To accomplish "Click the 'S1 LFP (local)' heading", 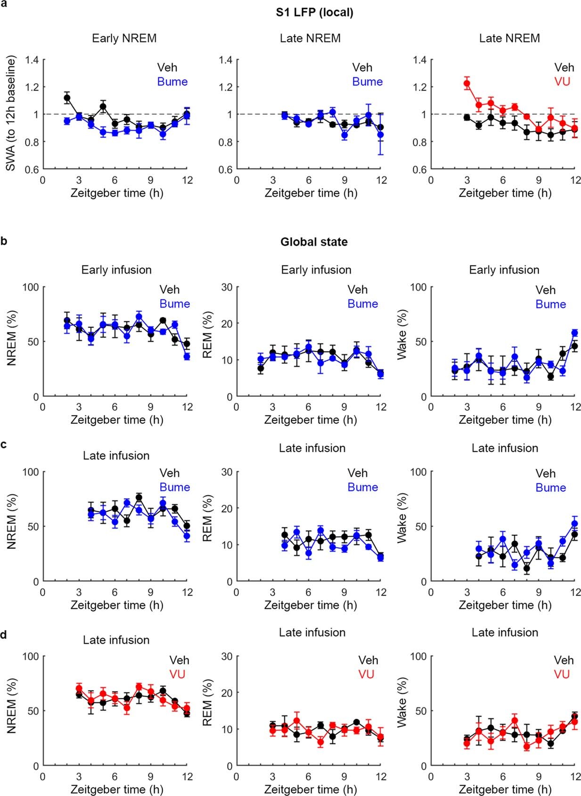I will click(x=314, y=12).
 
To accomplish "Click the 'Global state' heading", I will click(x=314, y=242).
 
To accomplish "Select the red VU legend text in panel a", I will click(x=562, y=82).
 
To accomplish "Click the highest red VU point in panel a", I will click(x=467, y=83).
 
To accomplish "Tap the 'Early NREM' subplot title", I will click(x=124, y=38).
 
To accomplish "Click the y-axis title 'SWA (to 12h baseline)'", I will click(x=11, y=114).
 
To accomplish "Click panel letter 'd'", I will click(x=4, y=635).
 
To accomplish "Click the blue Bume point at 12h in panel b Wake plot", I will click(x=574, y=333).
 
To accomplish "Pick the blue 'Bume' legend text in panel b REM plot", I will click(x=362, y=304).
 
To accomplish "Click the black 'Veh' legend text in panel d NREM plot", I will click(x=180, y=660).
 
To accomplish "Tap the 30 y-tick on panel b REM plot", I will click(x=227, y=287).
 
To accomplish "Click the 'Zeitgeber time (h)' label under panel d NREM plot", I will click(x=117, y=789).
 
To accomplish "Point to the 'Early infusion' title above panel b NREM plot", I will click(x=116, y=270).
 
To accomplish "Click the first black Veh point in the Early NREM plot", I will click(x=67, y=98).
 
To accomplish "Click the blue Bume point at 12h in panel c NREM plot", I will click(x=187, y=536).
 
